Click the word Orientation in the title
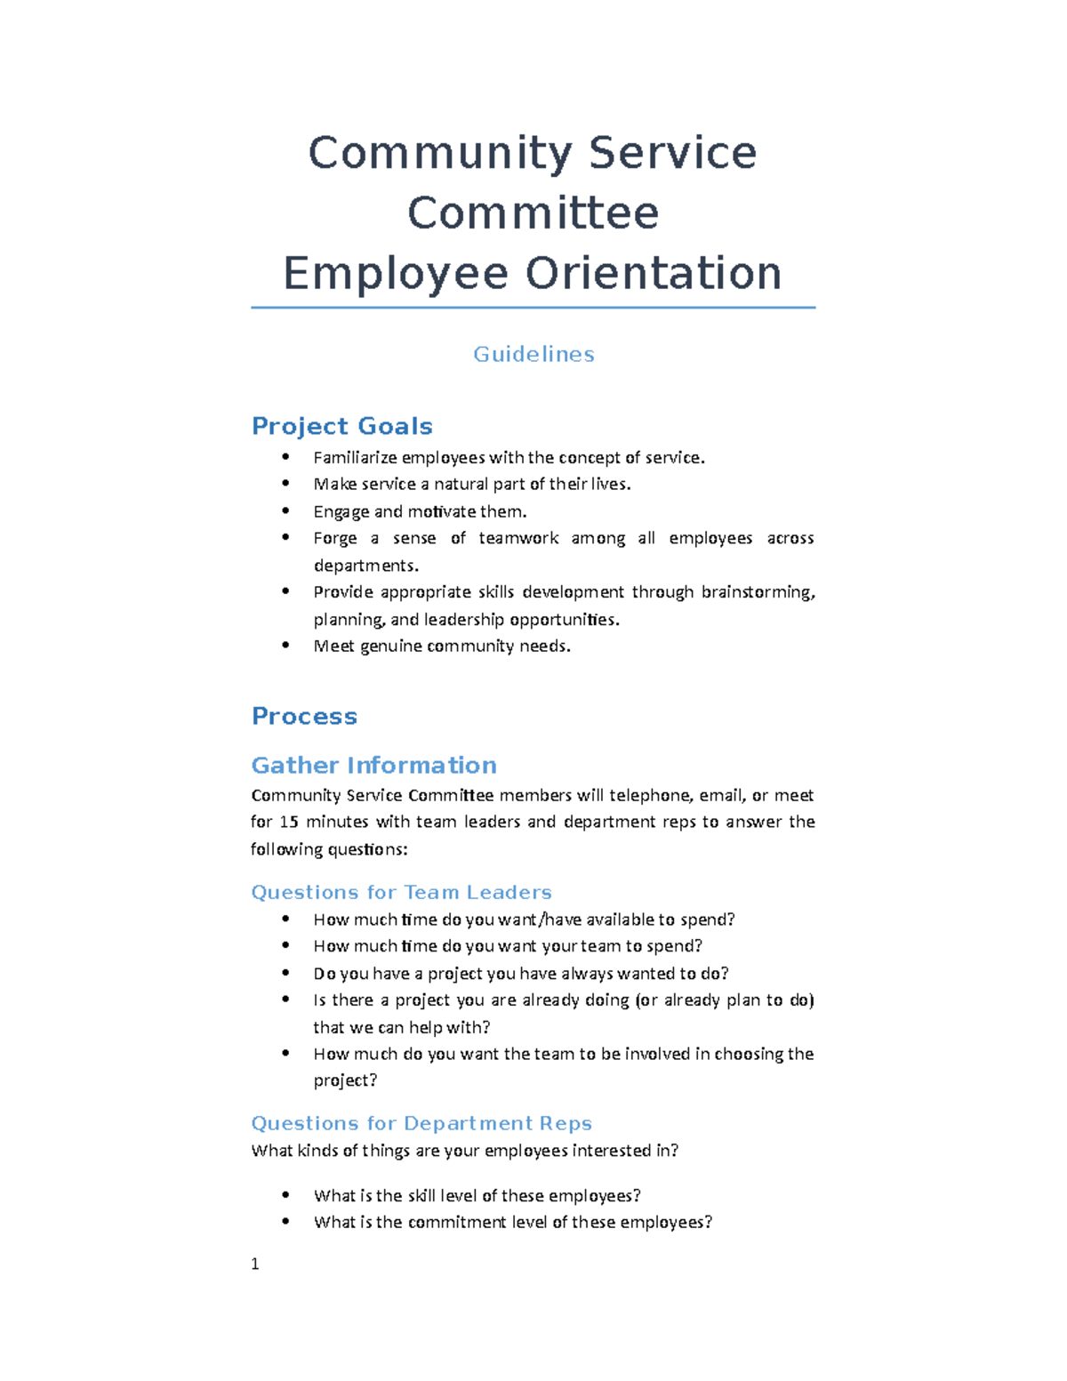click(x=654, y=273)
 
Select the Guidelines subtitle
click(x=533, y=354)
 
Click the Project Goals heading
click(x=341, y=426)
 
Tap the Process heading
click(x=304, y=716)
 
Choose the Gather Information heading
click(x=373, y=765)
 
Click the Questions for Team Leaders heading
click(x=401, y=892)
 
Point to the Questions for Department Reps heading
click(x=421, y=1123)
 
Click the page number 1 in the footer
click(x=255, y=1264)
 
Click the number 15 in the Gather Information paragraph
click(x=289, y=822)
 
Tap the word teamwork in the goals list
click(x=518, y=538)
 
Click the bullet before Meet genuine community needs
click(x=285, y=645)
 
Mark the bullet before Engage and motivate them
click(x=285, y=510)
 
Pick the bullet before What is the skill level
click(x=285, y=1194)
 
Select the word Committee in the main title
click(x=533, y=213)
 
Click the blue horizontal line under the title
click(x=533, y=308)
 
